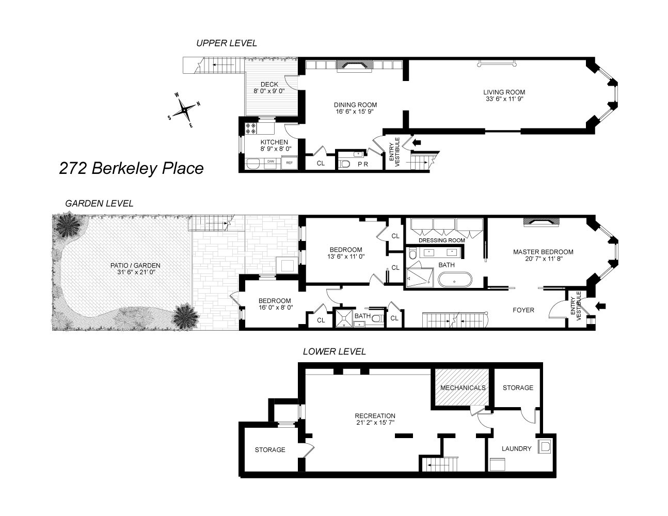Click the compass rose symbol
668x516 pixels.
point(184,110)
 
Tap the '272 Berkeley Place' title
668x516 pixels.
point(131,168)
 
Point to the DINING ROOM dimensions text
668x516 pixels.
point(355,111)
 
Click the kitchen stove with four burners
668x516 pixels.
point(251,128)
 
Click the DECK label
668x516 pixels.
point(269,84)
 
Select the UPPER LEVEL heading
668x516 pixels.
point(226,43)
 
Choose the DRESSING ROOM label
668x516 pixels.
point(441,240)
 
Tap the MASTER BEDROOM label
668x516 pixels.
point(543,252)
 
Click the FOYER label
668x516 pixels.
point(523,310)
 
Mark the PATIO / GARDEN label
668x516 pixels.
point(139,265)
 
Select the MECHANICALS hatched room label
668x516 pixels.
point(463,388)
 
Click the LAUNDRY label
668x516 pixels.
point(516,448)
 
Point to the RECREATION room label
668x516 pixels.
point(375,416)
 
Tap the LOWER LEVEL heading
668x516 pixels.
point(334,351)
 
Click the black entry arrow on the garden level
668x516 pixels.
point(600,307)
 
